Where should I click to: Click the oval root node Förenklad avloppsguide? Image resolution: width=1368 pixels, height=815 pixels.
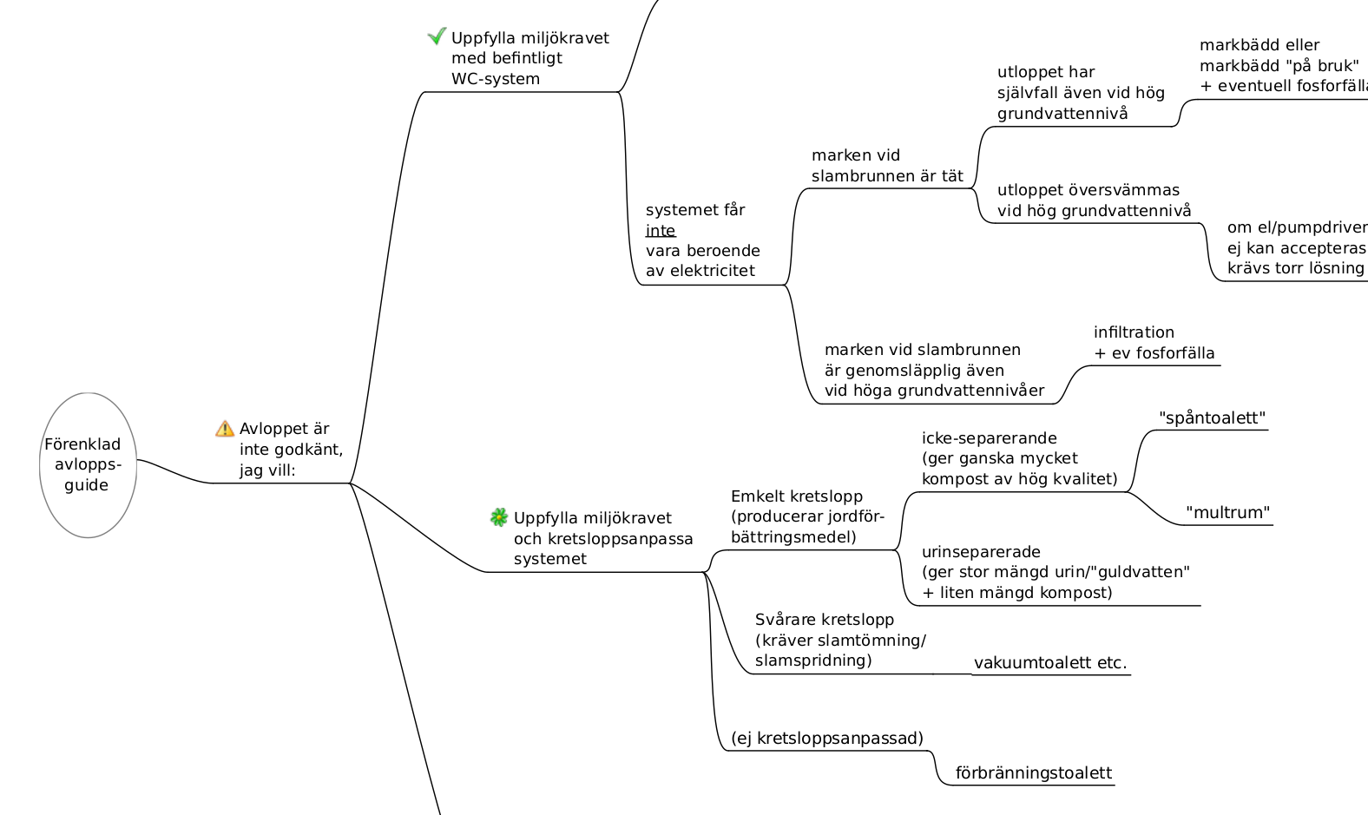[88, 465]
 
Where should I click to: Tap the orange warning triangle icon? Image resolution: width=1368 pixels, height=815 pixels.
[225, 429]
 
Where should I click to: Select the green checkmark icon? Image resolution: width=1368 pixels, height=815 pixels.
[437, 36]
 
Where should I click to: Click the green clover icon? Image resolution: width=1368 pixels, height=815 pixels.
[499, 518]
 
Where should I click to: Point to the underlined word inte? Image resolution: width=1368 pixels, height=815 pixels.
[661, 231]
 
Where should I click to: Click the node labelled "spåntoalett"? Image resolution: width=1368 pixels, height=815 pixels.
[1212, 418]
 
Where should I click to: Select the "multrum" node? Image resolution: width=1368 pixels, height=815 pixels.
[1227, 513]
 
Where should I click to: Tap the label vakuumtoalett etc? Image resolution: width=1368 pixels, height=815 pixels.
[1050, 663]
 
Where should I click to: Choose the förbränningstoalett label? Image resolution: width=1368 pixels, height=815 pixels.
[1033, 773]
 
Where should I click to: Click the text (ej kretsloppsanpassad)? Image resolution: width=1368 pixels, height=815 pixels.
[827, 739]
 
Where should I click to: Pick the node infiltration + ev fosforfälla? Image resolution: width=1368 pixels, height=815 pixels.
[1154, 343]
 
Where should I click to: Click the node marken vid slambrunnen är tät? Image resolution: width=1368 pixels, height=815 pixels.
[887, 166]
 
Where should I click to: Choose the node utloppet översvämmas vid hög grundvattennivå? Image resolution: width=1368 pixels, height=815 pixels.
[1094, 200]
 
